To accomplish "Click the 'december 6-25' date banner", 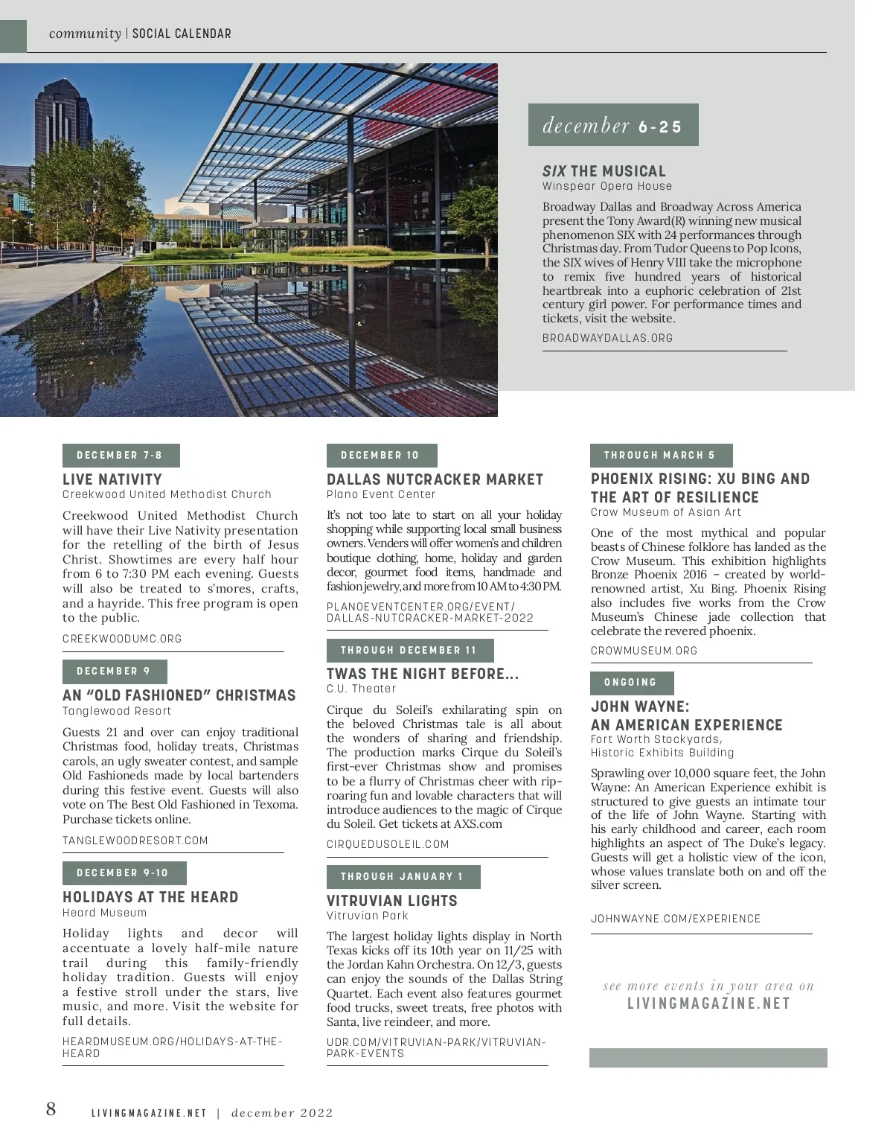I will click(612, 125).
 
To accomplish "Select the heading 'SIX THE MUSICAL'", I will click(604, 171).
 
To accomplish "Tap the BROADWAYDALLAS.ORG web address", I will click(607, 338).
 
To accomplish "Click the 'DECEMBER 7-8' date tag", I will click(121, 456).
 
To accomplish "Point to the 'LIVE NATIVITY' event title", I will click(112, 479).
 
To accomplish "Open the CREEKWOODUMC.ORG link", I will click(122, 639).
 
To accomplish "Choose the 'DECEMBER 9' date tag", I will click(115, 672).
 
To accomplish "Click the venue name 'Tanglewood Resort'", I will click(117, 711).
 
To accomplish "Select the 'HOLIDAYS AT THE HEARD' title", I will click(150, 897).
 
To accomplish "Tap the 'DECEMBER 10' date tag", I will click(381, 456).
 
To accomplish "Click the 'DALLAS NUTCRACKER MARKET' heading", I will click(435, 479).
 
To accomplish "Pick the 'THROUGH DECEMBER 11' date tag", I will click(409, 651).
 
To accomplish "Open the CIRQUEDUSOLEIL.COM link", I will click(388, 844).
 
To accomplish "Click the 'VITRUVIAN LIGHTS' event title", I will click(391, 901).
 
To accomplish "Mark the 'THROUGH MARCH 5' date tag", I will click(661, 456).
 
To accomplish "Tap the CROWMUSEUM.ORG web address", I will click(644, 651).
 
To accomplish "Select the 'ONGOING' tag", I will click(632, 683).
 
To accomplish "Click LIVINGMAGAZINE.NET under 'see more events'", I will click(708, 1004).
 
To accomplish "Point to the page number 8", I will click(51, 1109).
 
